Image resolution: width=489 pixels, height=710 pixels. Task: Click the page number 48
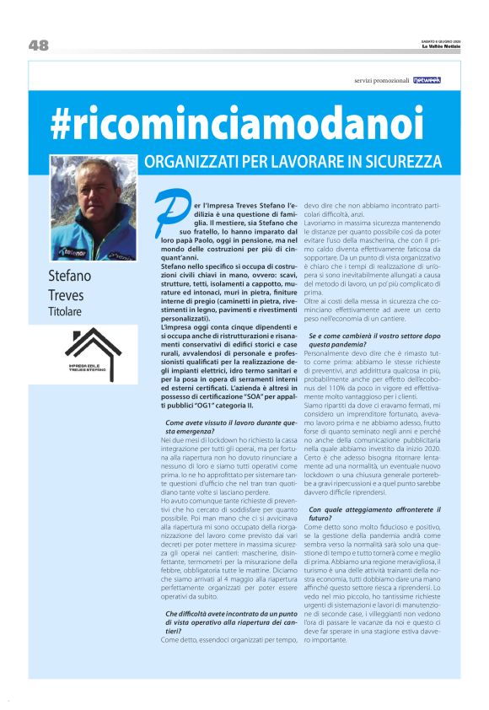tap(39, 46)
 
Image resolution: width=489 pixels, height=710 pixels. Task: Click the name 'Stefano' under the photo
tap(70, 277)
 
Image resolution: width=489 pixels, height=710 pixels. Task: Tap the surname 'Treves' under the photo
tap(68, 296)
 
